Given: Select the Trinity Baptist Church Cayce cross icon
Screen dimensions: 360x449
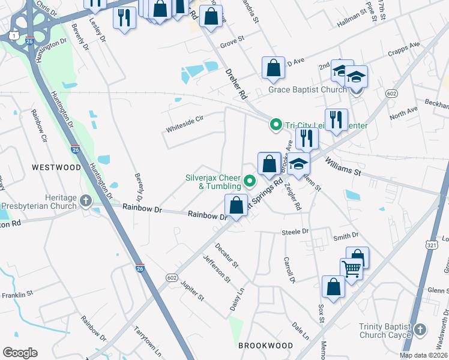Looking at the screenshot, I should [x=420, y=329].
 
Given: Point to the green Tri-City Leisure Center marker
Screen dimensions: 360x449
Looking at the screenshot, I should [x=276, y=125].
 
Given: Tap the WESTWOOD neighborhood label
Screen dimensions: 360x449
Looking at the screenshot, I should [x=56, y=167].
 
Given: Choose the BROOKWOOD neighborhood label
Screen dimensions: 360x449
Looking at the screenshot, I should [x=265, y=346].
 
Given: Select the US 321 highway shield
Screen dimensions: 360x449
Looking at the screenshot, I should [x=432, y=229].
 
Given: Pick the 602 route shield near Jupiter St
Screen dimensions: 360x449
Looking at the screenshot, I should [x=172, y=276].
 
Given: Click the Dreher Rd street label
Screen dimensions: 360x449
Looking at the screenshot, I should [x=236, y=83].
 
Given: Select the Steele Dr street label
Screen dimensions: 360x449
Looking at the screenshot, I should [x=295, y=231].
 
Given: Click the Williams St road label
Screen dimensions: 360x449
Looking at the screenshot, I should [x=343, y=166].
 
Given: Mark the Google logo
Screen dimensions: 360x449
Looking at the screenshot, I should [x=20, y=352].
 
